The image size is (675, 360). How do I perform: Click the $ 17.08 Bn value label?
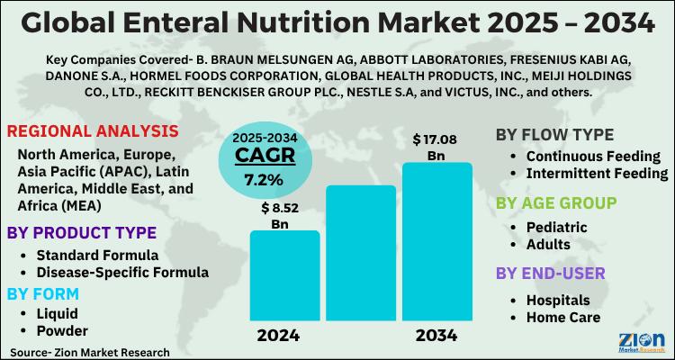point(436,147)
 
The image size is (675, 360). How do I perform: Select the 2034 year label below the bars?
point(436,336)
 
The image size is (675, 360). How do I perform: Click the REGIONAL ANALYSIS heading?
point(92,131)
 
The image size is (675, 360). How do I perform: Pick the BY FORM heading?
point(43,293)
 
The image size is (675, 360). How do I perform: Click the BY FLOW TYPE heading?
point(555,135)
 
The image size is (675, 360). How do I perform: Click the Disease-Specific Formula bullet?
point(122,271)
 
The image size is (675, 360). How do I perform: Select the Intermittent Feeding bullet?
point(596,172)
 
